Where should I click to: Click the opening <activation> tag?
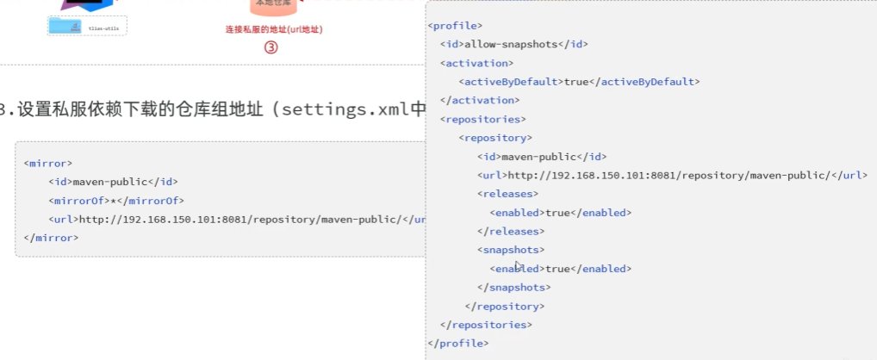(476, 63)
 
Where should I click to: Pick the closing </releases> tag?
(511, 231)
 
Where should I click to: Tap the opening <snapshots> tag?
(511, 250)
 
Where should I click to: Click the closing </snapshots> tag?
(514, 287)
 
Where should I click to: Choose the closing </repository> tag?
(505, 306)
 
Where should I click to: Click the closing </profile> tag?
(458, 343)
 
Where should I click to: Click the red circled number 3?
(271, 48)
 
